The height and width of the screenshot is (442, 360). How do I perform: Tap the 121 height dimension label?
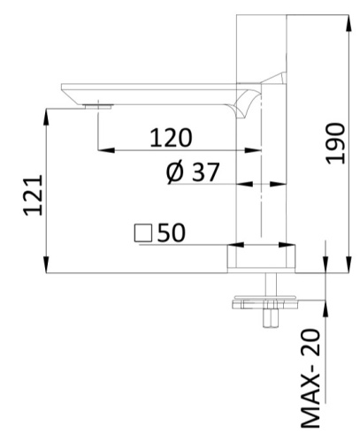point(32,194)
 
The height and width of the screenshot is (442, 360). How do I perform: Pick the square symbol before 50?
point(142,233)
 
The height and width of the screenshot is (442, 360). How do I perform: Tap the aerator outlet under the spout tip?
point(96,106)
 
